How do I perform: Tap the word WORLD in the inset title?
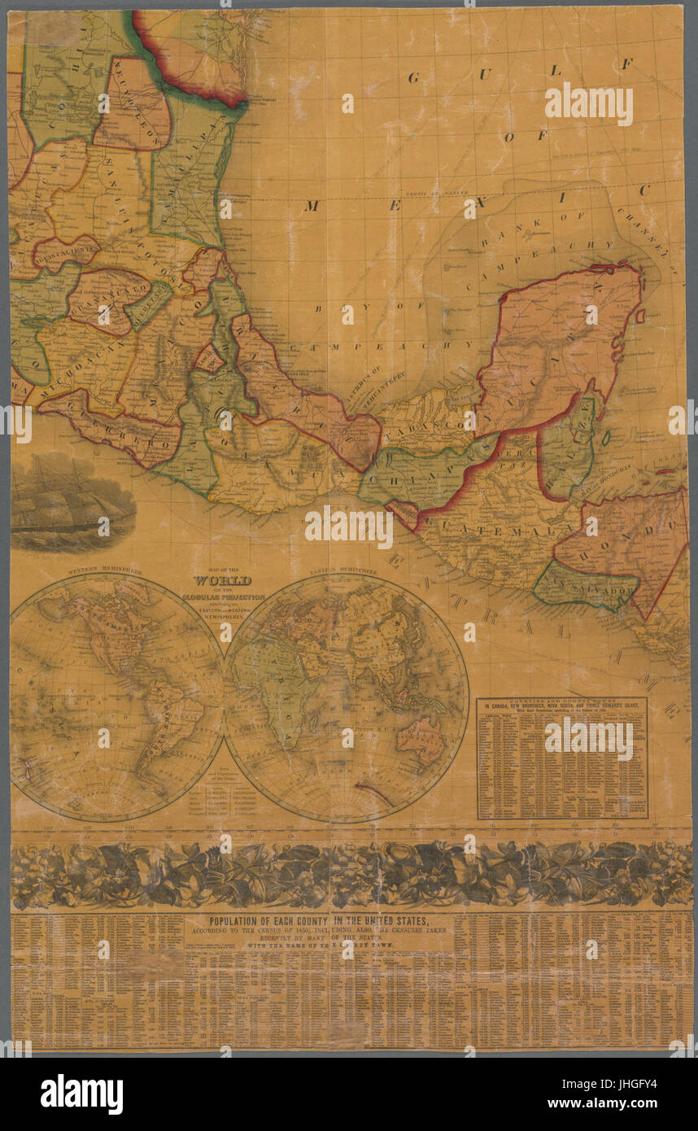(x=222, y=581)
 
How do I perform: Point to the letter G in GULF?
(x=413, y=77)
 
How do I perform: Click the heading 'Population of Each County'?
(x=317, y=920)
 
